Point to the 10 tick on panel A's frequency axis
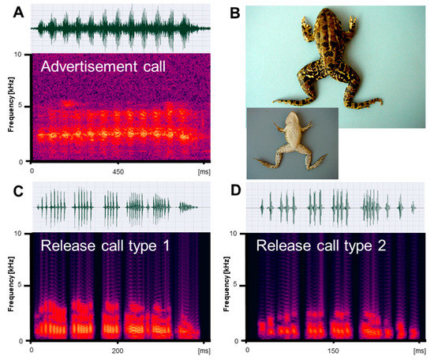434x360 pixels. click(25, 54)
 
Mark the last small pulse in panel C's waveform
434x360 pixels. click(186, 208)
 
